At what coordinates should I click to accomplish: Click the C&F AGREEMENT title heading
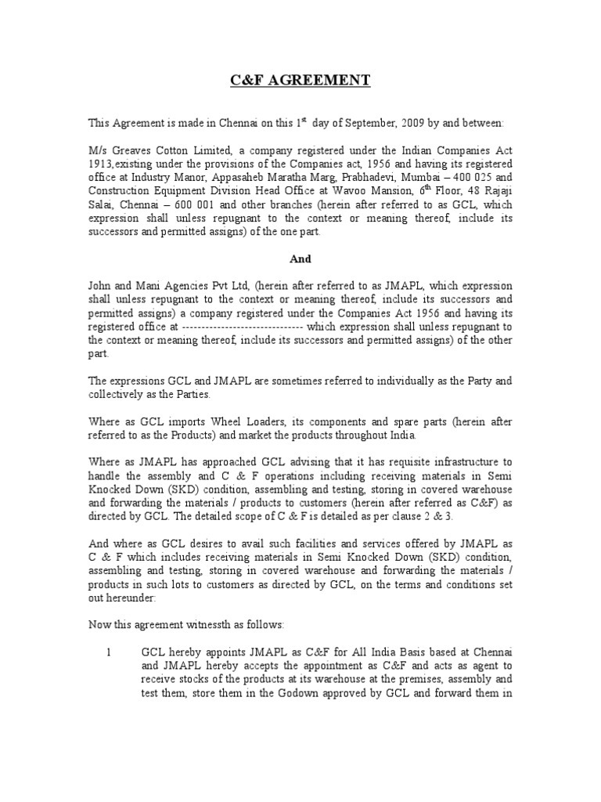tap(300, 81)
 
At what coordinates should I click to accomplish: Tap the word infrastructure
tap(456, 462)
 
